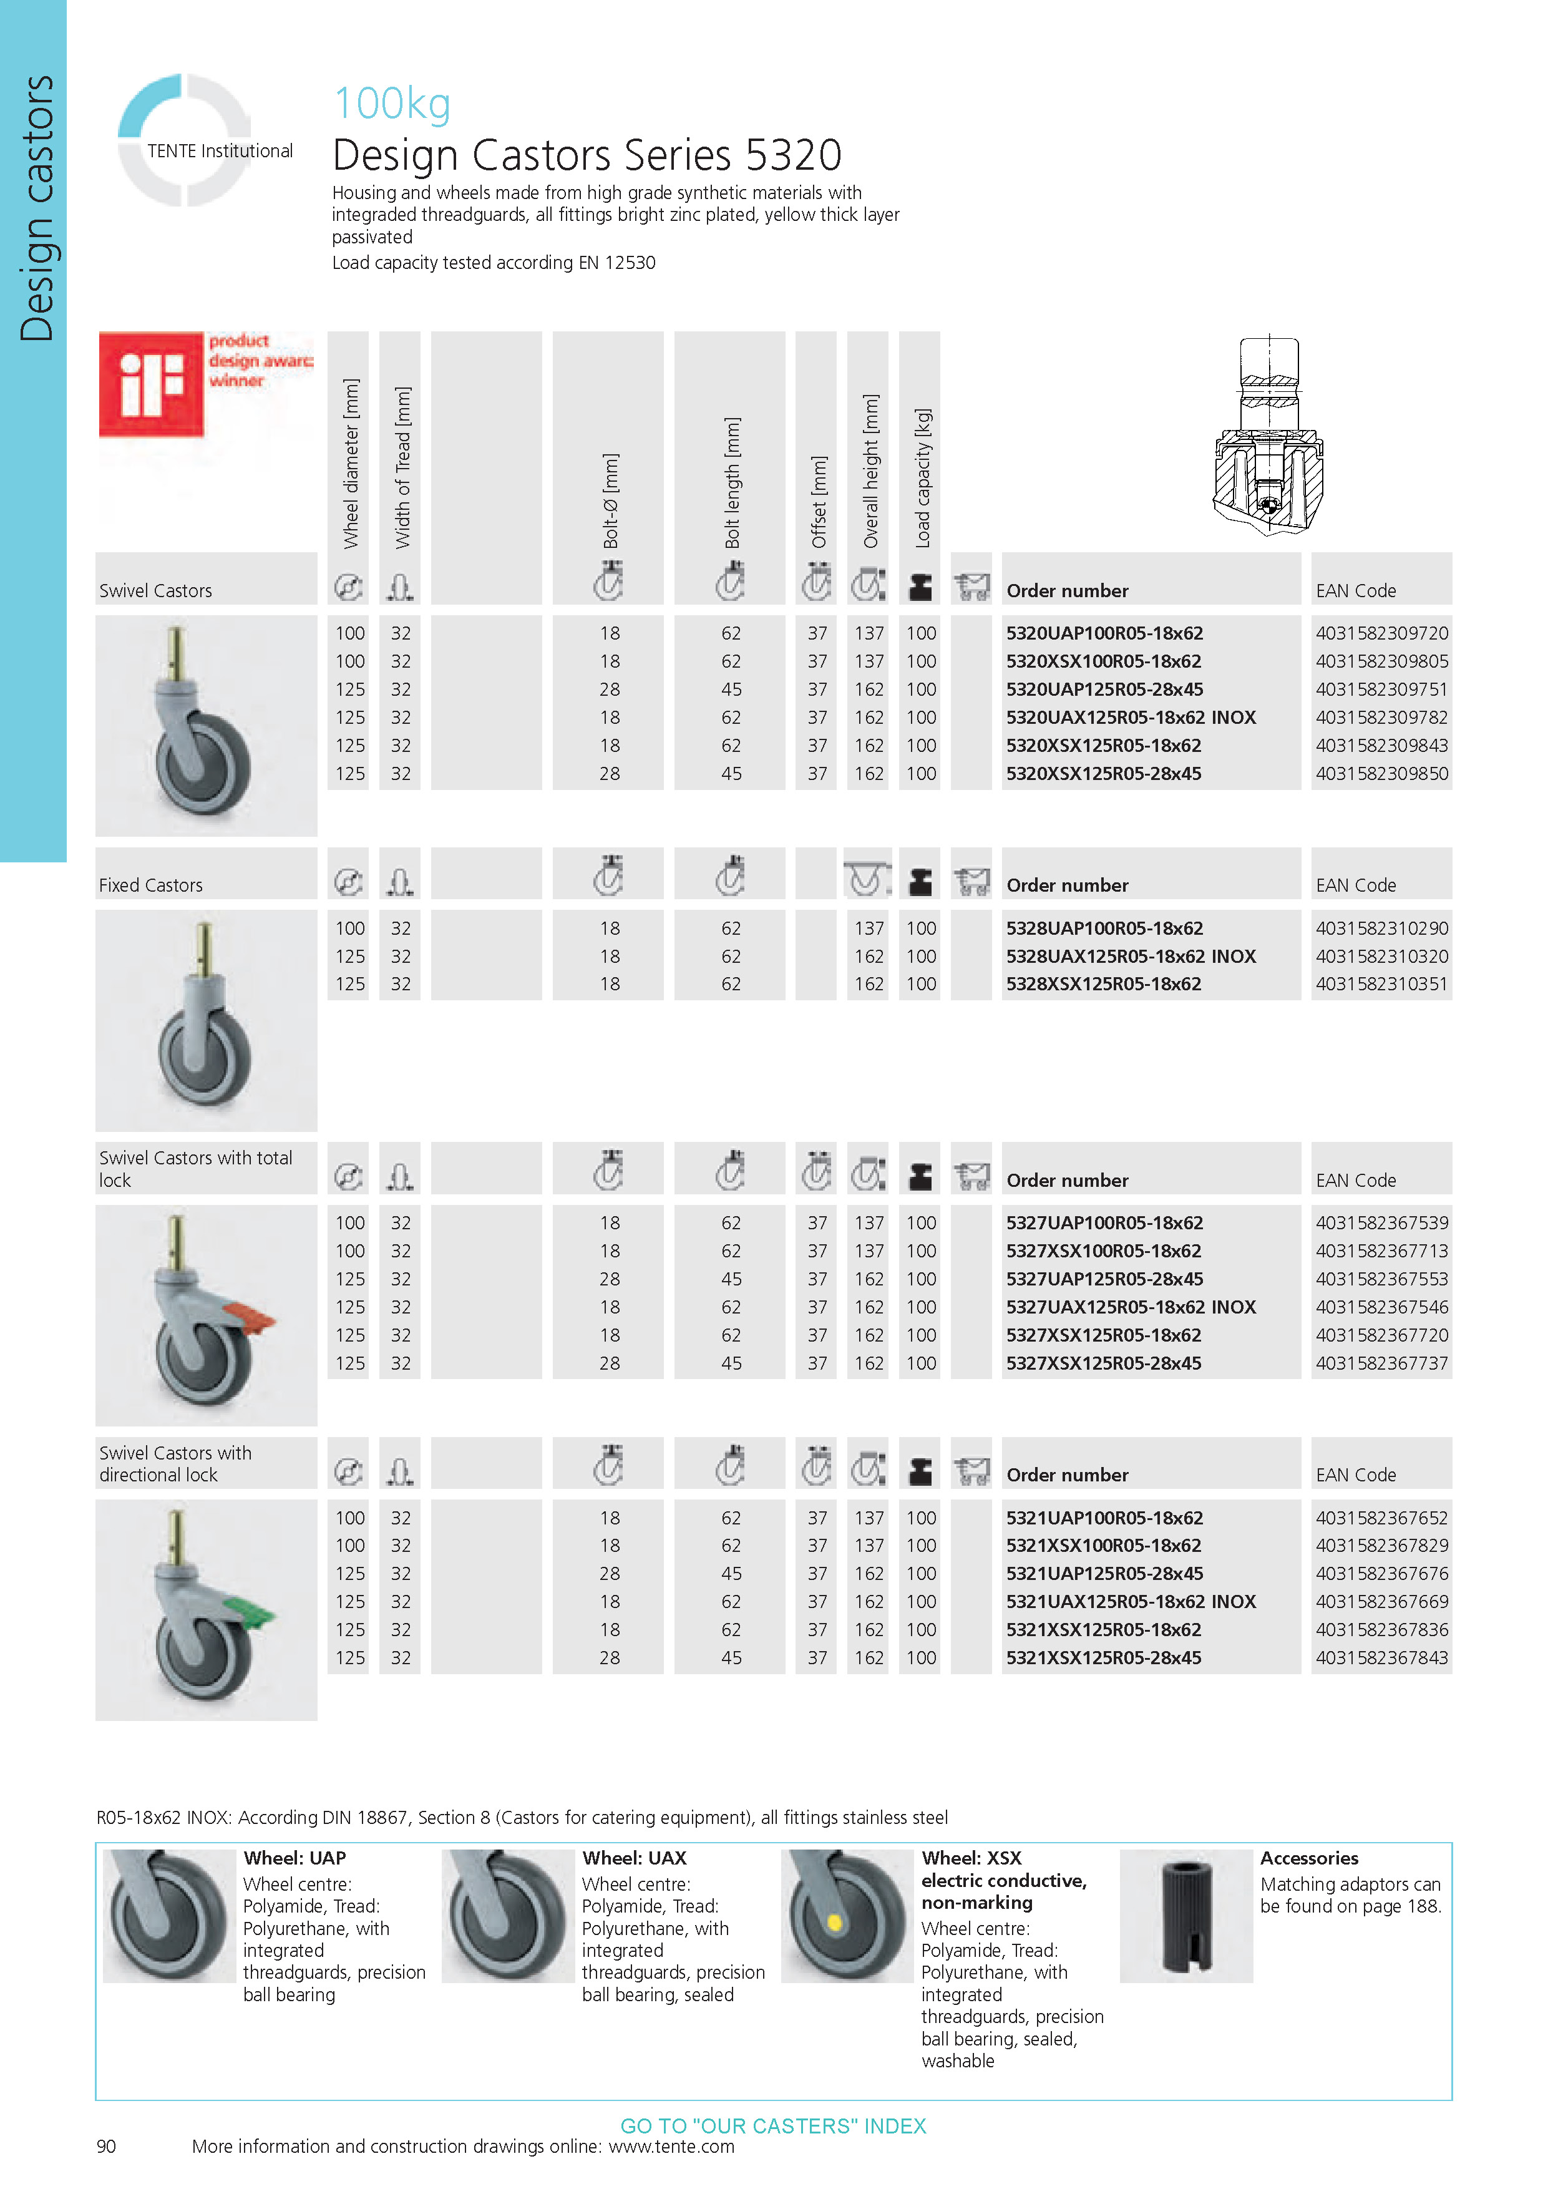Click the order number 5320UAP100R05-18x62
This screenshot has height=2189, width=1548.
pyautogui.click(x=1104, y=633)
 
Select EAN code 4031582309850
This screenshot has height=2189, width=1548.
pyautogui.click(x=1381, y=773)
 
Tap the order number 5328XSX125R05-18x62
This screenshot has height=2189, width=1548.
pyautogui.click(x=1103, y=984)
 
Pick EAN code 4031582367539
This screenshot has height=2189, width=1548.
pyautogui.click(x=1381, y=1222)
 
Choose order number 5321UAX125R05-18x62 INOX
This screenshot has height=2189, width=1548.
pyautogui.click(x=1131, y=1602)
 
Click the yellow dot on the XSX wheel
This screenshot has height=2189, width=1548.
pyautogui.click(x=834, y=1921)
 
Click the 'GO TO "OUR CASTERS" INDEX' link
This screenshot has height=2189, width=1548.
pyautogui.click(x=773, y=2126)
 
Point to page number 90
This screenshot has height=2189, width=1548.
pyautogui.click(x=106, y=2146)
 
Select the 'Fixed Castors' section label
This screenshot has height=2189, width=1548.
pyautogui.click(x=150, y=885)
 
